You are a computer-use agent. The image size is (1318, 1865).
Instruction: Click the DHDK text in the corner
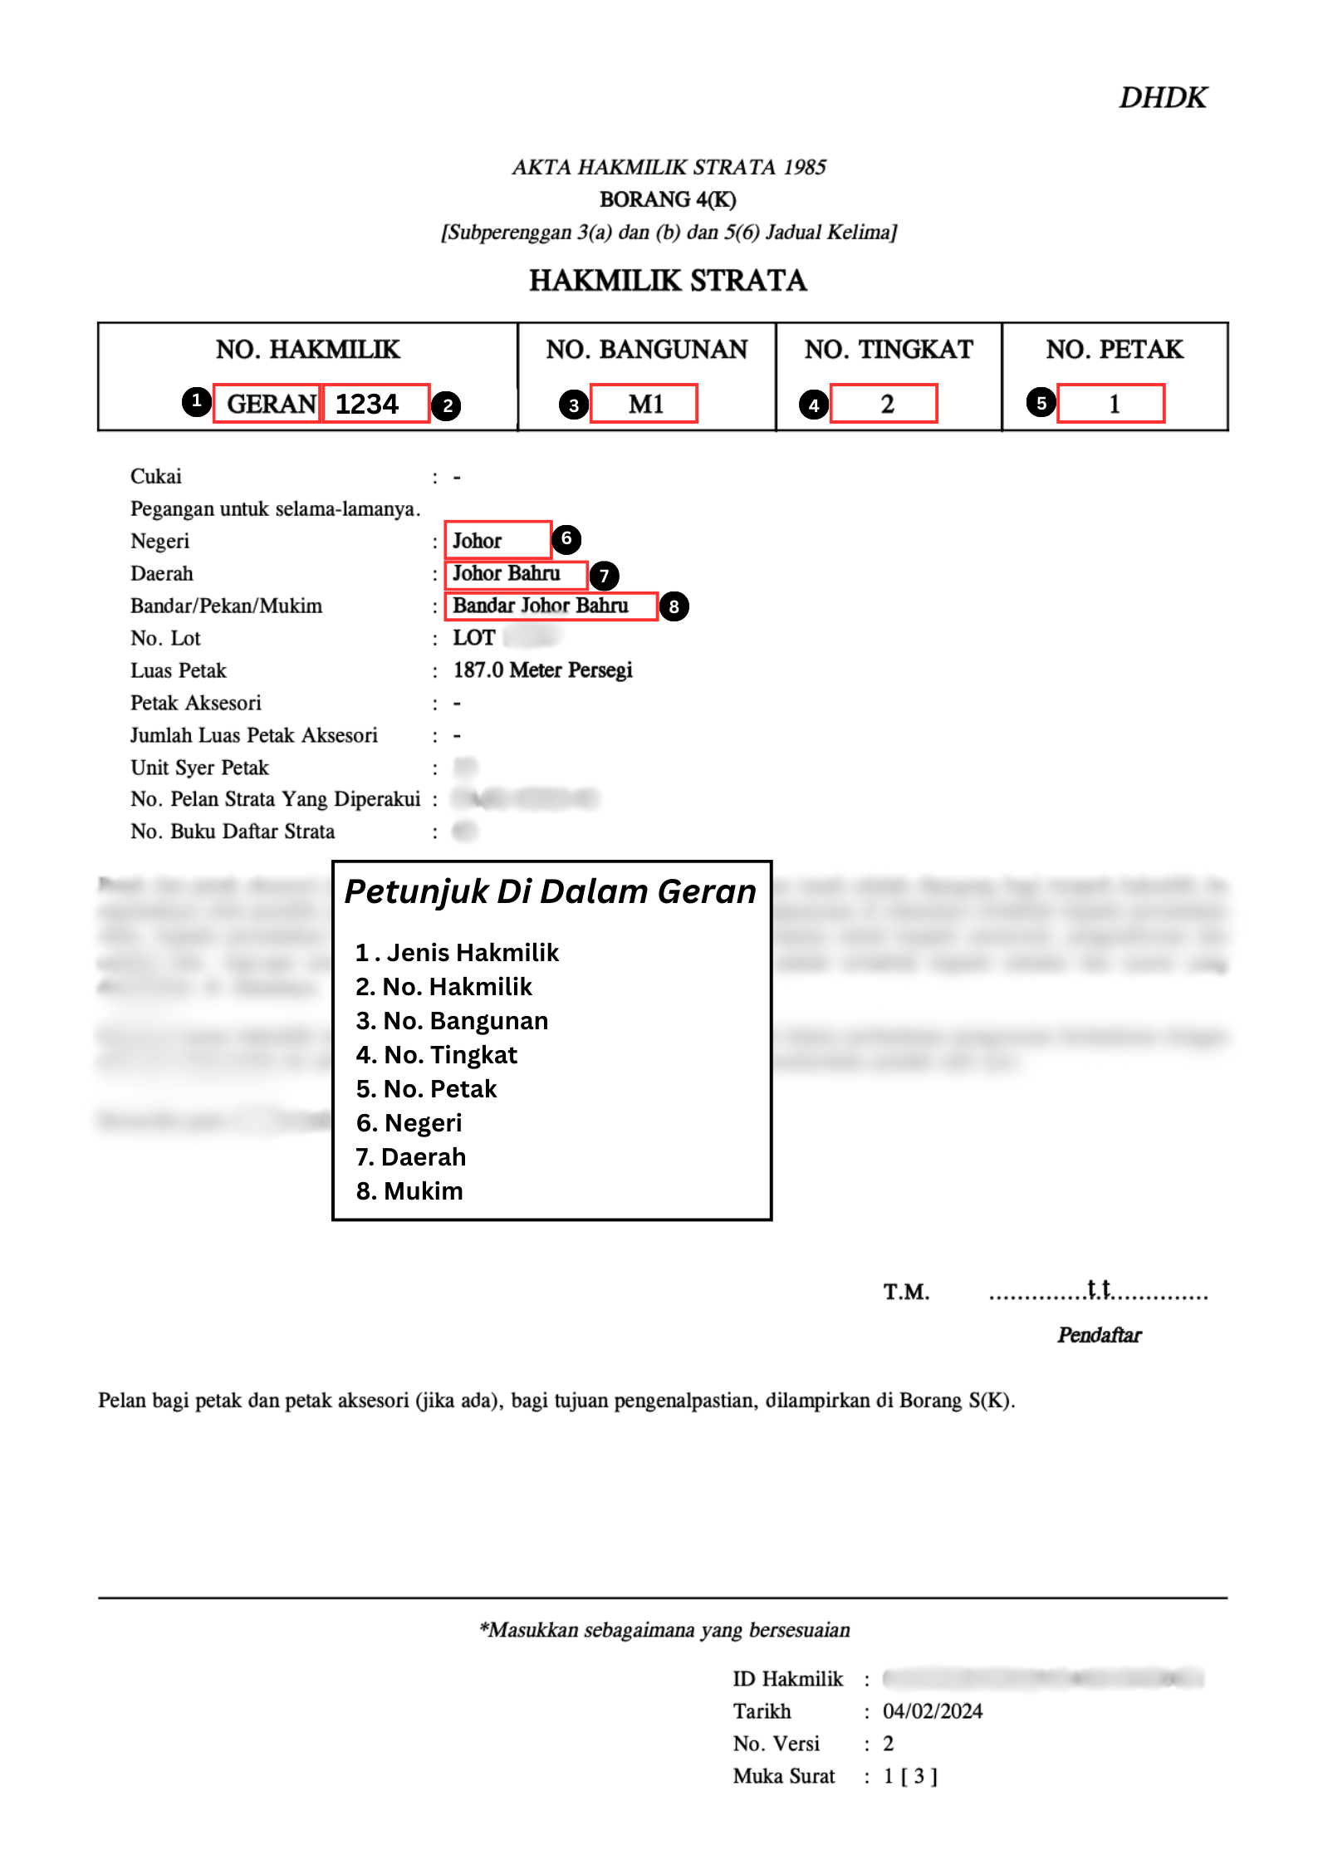tap(1162, 98)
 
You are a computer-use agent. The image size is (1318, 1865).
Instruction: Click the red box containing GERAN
tap(267, 404)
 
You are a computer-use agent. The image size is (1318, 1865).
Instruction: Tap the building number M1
tap(644, 404)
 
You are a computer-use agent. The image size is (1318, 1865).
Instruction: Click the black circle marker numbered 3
tap(573, 405)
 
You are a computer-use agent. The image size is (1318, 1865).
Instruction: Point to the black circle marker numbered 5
tap(1041, 403)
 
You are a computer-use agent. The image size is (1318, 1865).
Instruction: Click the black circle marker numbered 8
tap(674, 606)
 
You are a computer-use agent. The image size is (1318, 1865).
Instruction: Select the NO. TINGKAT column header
tap(888, 350)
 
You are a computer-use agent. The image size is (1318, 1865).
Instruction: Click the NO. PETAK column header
tap(1114, 350)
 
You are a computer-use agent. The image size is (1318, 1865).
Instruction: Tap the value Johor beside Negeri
tap(478, 541)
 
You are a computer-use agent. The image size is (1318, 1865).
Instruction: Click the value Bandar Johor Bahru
tap(541, 606)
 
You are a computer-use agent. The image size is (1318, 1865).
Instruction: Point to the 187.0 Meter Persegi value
tap(542, 670)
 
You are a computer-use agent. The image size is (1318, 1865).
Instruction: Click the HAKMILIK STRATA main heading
tap(668, 281)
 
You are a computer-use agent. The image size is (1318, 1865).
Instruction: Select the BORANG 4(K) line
tap(668, 200)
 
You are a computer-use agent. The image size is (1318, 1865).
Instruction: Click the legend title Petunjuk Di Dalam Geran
tap(551, 891)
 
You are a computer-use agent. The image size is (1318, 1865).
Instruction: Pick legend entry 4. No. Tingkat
tap(437, 1055)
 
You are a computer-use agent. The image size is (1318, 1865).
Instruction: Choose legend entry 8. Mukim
tap(409, 1191)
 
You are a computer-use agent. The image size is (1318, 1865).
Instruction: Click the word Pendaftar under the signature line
tap(1099, 1335)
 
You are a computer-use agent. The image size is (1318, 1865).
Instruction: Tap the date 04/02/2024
tap(932, 1711)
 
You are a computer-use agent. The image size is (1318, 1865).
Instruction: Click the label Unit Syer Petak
tap(199, 768)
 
